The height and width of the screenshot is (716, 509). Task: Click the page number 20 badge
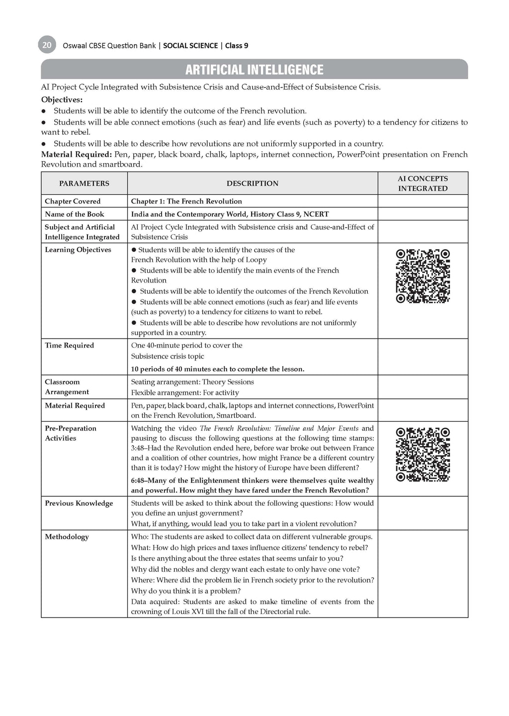pos(47,45)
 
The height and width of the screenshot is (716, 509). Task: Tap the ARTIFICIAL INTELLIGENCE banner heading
pos(254,70)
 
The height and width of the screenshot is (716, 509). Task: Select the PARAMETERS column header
pos(84,183)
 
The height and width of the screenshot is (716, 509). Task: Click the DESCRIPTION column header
pos(253,183)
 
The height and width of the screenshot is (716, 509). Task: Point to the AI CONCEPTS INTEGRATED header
pos(423,183)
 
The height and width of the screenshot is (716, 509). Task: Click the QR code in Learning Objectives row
pos(423,276)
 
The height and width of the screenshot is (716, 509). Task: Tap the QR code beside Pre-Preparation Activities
pos(423,454)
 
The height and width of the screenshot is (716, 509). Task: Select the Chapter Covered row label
pos(73,201)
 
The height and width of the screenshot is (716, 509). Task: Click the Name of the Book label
pos(75,214)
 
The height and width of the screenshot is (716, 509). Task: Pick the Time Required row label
pos(69,346)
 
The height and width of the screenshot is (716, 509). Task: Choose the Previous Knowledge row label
pos(79,503)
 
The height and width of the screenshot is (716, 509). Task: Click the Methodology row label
pos(67,537)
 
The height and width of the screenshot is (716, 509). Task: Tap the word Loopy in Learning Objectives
pos(256,260)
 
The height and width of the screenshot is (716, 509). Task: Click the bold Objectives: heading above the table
pos(62,99)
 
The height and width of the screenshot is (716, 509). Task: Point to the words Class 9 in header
pos(237,46)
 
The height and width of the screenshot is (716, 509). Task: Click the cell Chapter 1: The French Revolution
pos(186,201)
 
